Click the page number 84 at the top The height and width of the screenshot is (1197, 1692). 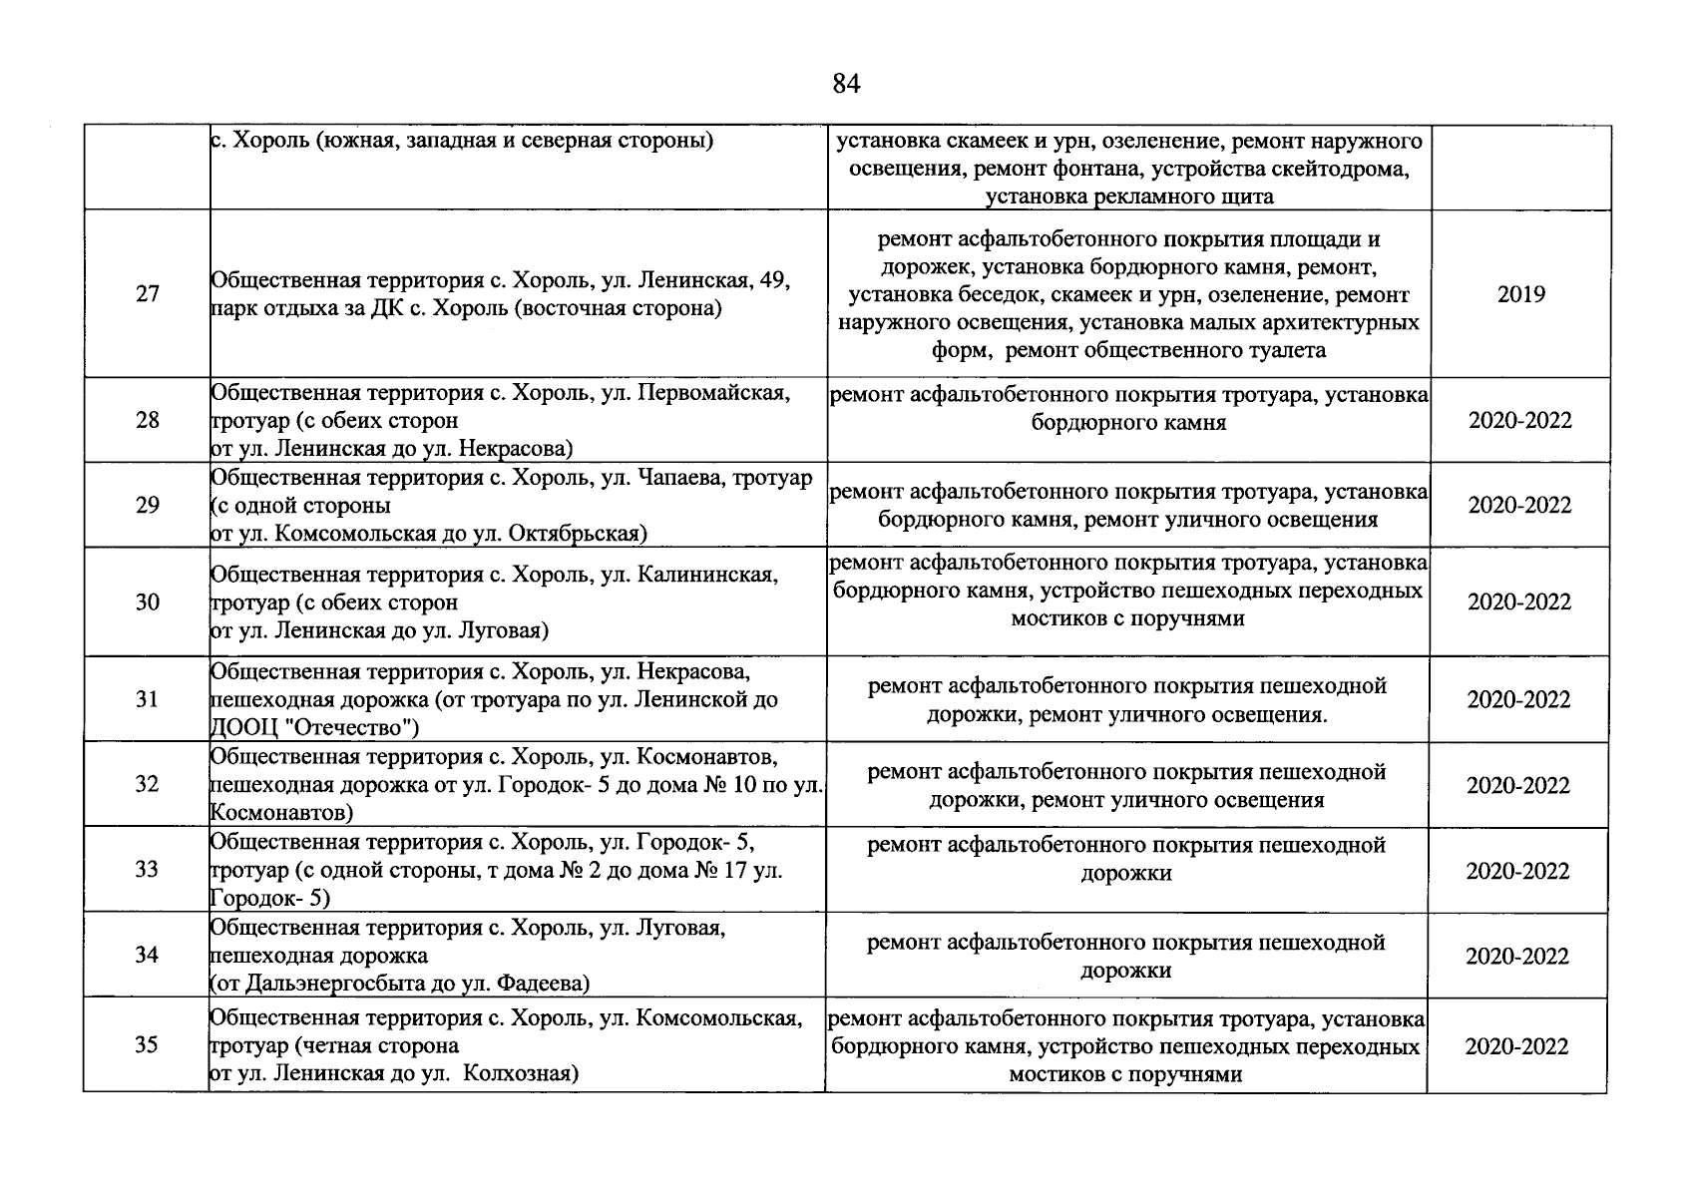click(x=845, y=85)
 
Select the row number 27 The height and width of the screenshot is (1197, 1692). click(x=147, y=294)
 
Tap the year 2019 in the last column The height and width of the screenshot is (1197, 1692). click(x=1520, y=294)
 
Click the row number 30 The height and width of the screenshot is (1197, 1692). click(x=147, y=602)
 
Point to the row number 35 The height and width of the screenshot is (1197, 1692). click(x=147, y=1045)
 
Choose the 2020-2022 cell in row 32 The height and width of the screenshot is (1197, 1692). click(x=1517, y=786)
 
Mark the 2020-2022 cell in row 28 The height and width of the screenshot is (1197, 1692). click(x=1519, y=420)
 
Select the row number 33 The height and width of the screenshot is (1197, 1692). click(x=147, y=870)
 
